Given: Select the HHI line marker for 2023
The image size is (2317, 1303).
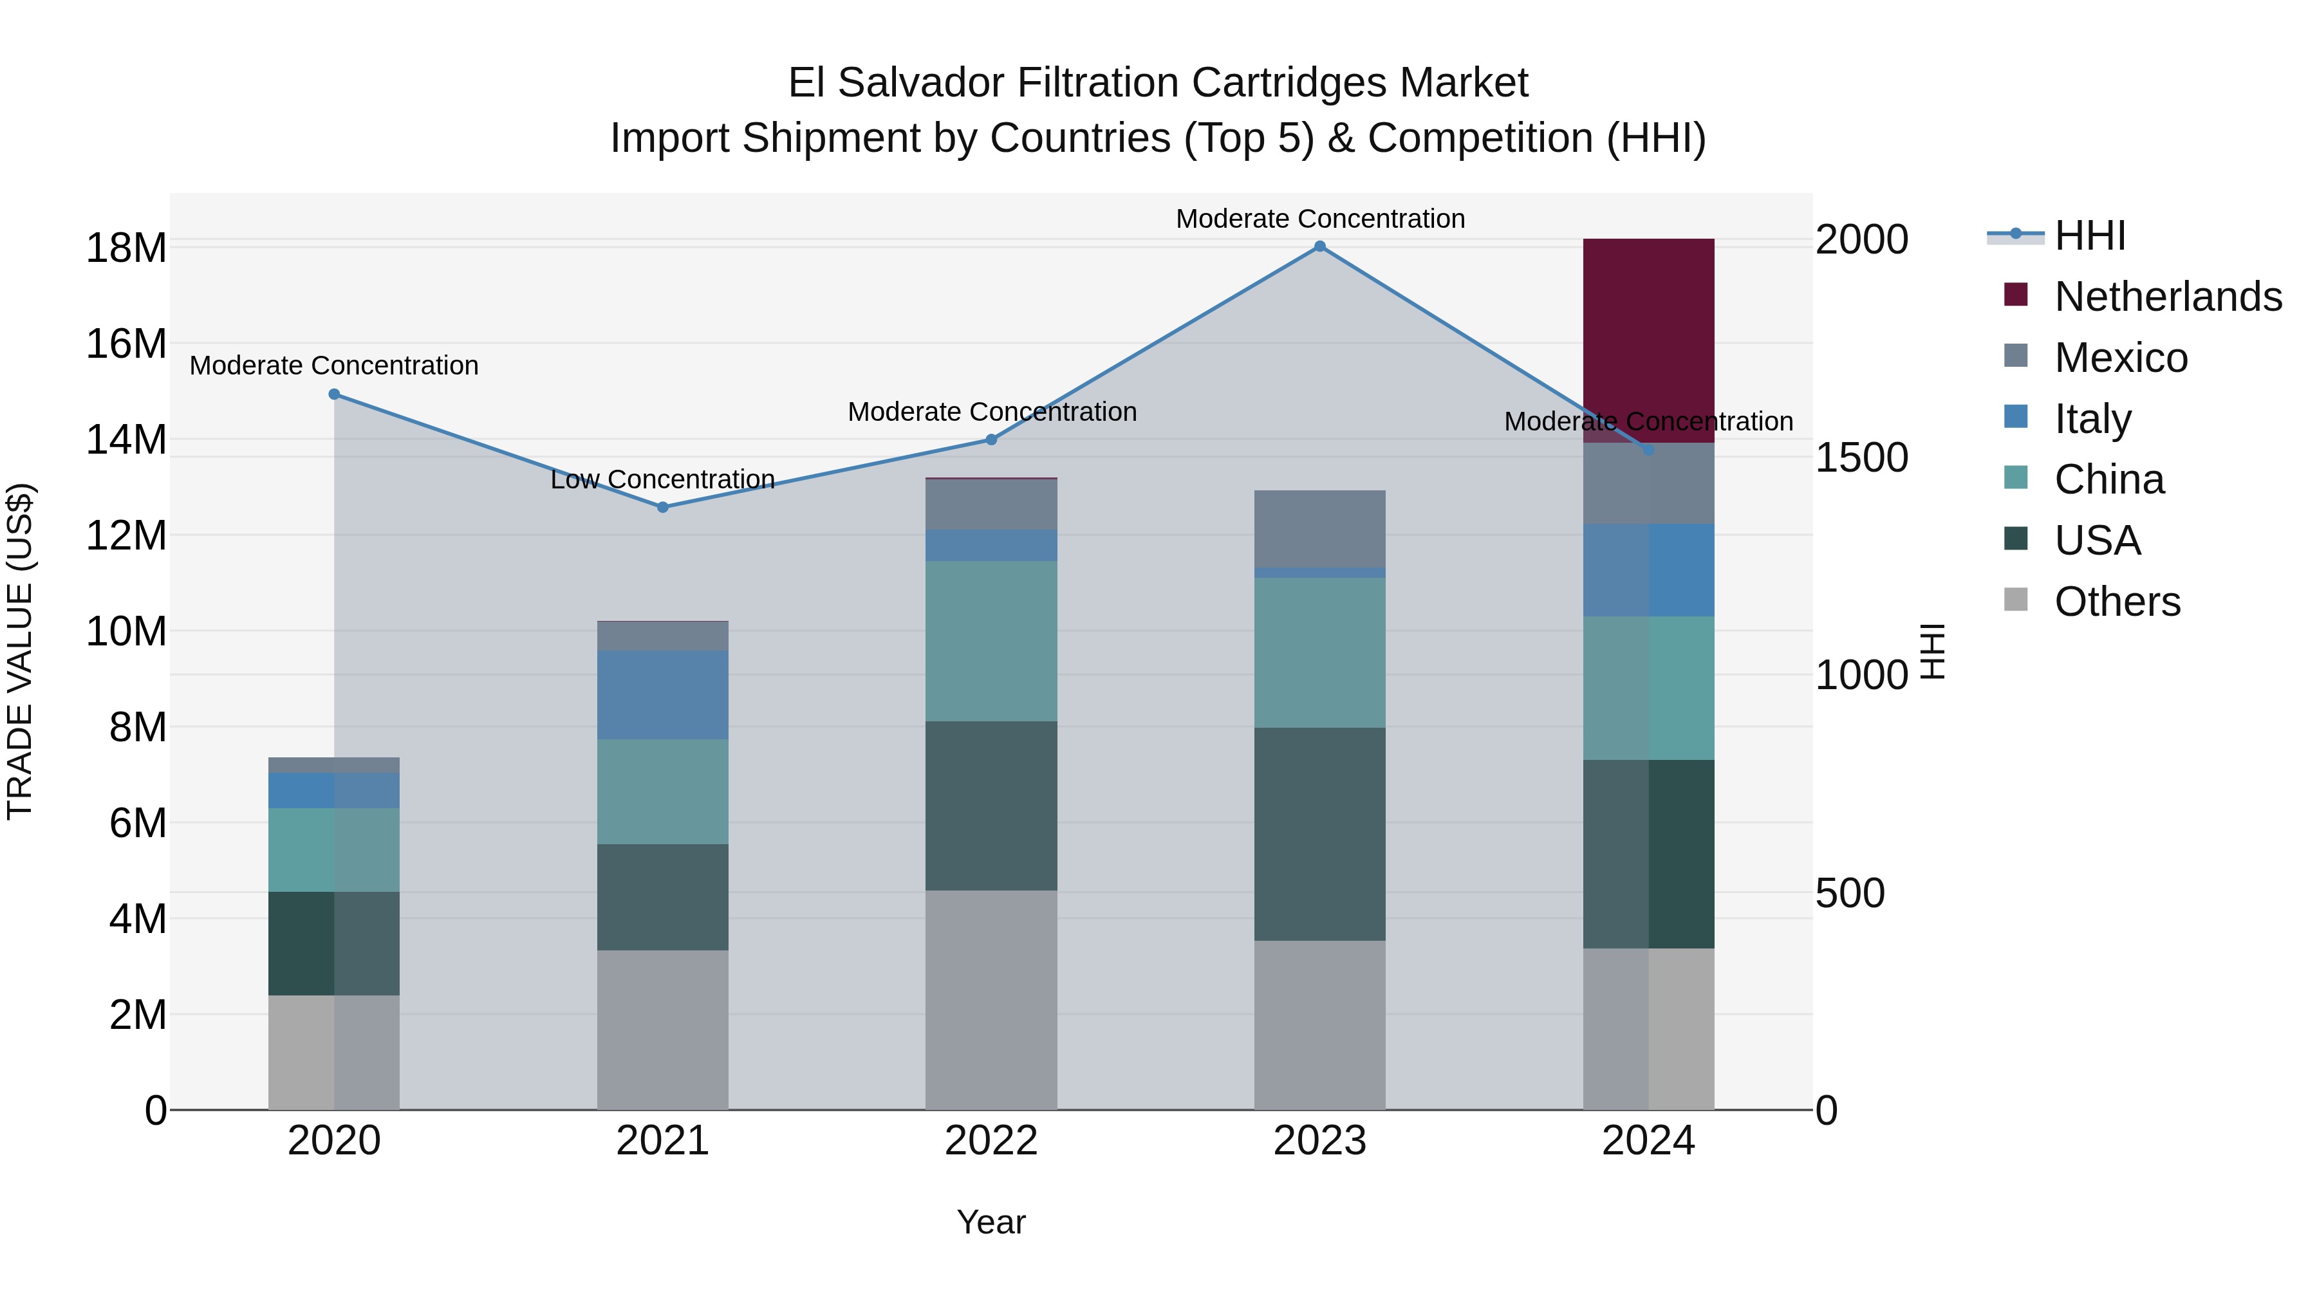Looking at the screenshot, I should pos(1319,246).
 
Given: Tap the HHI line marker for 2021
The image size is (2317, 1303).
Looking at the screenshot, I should pos(663,507).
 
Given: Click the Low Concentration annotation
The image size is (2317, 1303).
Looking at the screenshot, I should pos(663,479).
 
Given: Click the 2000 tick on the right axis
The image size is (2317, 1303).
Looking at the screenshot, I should pos(1861,240).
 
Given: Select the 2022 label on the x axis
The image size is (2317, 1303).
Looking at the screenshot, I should pos(991,1141).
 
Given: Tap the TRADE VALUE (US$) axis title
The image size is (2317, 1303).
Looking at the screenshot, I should pos(20,651).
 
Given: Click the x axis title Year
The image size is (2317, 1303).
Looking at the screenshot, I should pos(991,1222).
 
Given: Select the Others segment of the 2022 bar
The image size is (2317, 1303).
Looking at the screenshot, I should pos(991,999).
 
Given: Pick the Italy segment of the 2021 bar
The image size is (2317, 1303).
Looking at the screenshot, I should pos(663,694).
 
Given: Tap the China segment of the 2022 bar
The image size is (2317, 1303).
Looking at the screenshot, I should pos(991,640).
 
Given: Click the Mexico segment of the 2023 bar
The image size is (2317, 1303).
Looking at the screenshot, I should pos(1319,529).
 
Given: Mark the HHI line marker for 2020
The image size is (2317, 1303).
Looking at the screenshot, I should pos(333,394).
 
